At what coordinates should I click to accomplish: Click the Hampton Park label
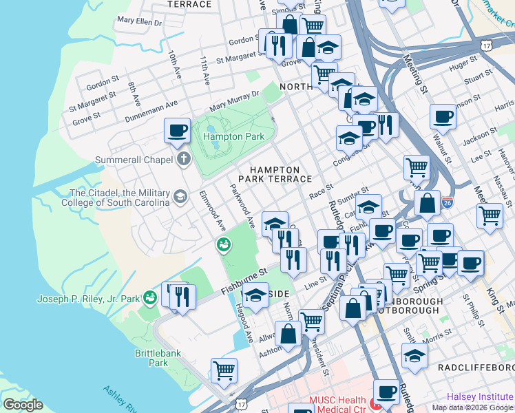233,137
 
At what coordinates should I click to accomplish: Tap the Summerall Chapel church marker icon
183,160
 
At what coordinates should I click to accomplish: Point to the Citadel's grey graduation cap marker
180,198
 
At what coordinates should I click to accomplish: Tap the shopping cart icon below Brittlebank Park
224,370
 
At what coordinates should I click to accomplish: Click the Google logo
23,404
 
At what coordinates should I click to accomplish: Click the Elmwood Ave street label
212,210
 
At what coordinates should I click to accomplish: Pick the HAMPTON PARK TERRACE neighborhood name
275,174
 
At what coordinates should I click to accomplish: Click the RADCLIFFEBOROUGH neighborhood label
476,368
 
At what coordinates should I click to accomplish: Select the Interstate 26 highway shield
448,203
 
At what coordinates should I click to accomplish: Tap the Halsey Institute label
479,396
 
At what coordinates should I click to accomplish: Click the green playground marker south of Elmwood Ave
223,244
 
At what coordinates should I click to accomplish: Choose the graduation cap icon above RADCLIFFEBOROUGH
414,355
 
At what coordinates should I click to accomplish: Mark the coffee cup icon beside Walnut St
443,116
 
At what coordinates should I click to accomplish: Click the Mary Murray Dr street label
234,101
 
